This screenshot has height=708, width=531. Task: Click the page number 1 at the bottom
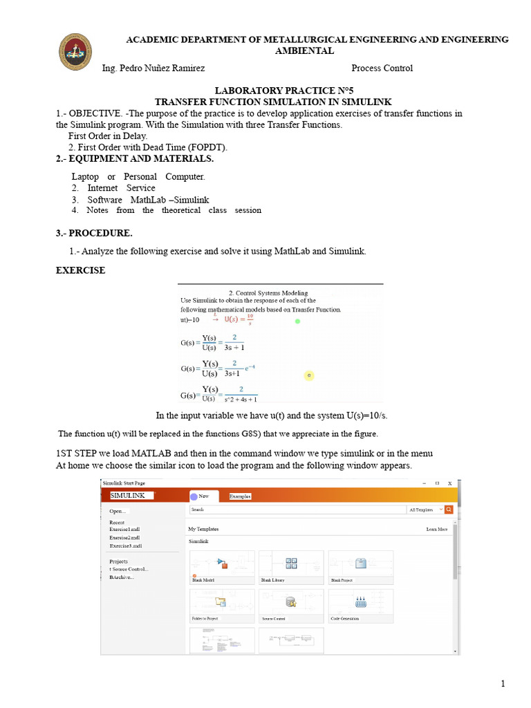[x=503, y=684]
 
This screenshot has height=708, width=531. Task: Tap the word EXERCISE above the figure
[x=80, y=270]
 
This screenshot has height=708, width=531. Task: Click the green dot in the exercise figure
[x=297, y=321]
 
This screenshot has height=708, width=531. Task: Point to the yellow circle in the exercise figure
[x=309, y=375]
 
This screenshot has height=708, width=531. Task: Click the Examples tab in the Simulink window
[x=240, y=496]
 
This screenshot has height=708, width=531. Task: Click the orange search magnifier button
[x=449, y=510]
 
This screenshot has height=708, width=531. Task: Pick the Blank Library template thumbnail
[x=291, y=566]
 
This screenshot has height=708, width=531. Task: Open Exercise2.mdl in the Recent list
[x=124, y=537]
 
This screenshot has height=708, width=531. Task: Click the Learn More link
[x=436, y=529]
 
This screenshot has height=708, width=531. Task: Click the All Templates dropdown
[x=424, y=510]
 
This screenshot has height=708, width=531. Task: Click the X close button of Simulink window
[x=449, y=483]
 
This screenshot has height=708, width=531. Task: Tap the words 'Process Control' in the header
[x=382, y=68]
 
